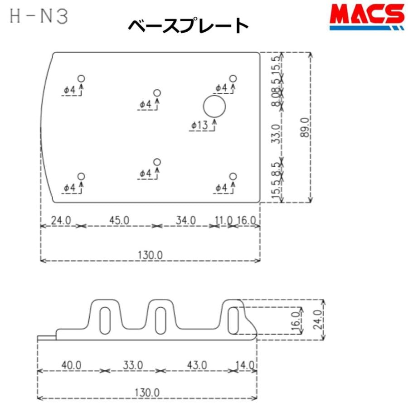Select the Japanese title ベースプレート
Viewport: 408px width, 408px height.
[x=188, y=26]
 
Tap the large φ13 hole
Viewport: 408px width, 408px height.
[x=214, y=107]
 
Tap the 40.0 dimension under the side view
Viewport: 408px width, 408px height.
[x=71, y=364]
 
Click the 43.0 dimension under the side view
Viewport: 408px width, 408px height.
[x=197, y=364]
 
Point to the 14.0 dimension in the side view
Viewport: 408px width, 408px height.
[x=245, y=364]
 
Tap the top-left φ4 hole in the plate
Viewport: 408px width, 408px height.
[x=82, y=78]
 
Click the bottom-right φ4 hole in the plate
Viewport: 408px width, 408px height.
[x=233, y=176]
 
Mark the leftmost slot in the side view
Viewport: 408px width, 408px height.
[x=105, y=321]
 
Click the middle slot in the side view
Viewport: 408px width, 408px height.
[x=160, y=321]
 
